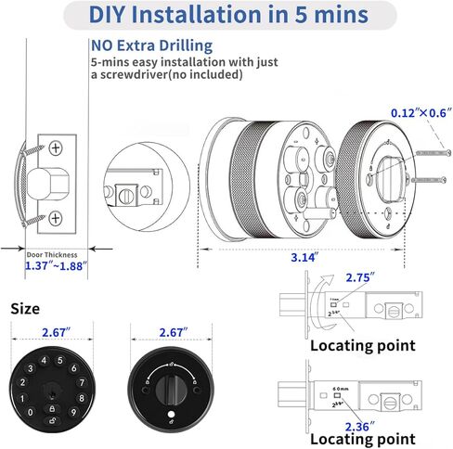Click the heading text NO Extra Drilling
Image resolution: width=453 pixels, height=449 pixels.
coord(152,45)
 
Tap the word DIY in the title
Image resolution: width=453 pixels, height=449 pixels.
coord(115,15)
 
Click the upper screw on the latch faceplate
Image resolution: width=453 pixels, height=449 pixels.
coord(56,148)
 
